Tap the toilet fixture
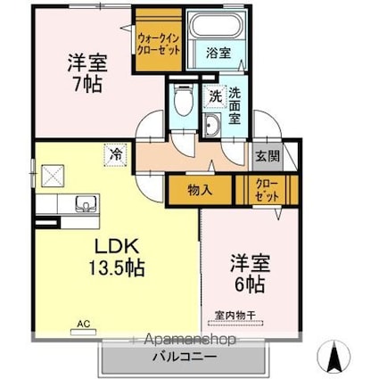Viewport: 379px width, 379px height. (x=183, y=100)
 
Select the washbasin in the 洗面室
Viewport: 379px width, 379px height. (x=212, y=125)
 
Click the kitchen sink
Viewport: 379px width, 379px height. (x=87, y=204)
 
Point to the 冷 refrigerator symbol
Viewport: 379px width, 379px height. (x=115, y=154)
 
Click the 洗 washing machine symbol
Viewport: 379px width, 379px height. (x=214, y=96)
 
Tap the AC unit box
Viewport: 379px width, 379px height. (x=84, y=332)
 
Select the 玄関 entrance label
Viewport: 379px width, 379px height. (x=268, y=156)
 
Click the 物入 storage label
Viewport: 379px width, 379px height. (x=200, y=190)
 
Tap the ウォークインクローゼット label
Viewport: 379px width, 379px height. (x=159, y=45)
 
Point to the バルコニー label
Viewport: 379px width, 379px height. (x=185, y=357)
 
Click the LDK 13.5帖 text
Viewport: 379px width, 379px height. (x=117, y=257)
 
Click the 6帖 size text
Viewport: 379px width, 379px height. (x=250, y=285)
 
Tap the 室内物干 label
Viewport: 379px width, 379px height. (x=235, y=315)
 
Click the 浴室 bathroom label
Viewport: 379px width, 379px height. (x=218, y=54)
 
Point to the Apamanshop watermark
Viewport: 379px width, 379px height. (x=190, y=339)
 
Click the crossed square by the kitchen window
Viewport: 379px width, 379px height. (x=53, y=176)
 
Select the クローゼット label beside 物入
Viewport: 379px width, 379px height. (x=268, y=191)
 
